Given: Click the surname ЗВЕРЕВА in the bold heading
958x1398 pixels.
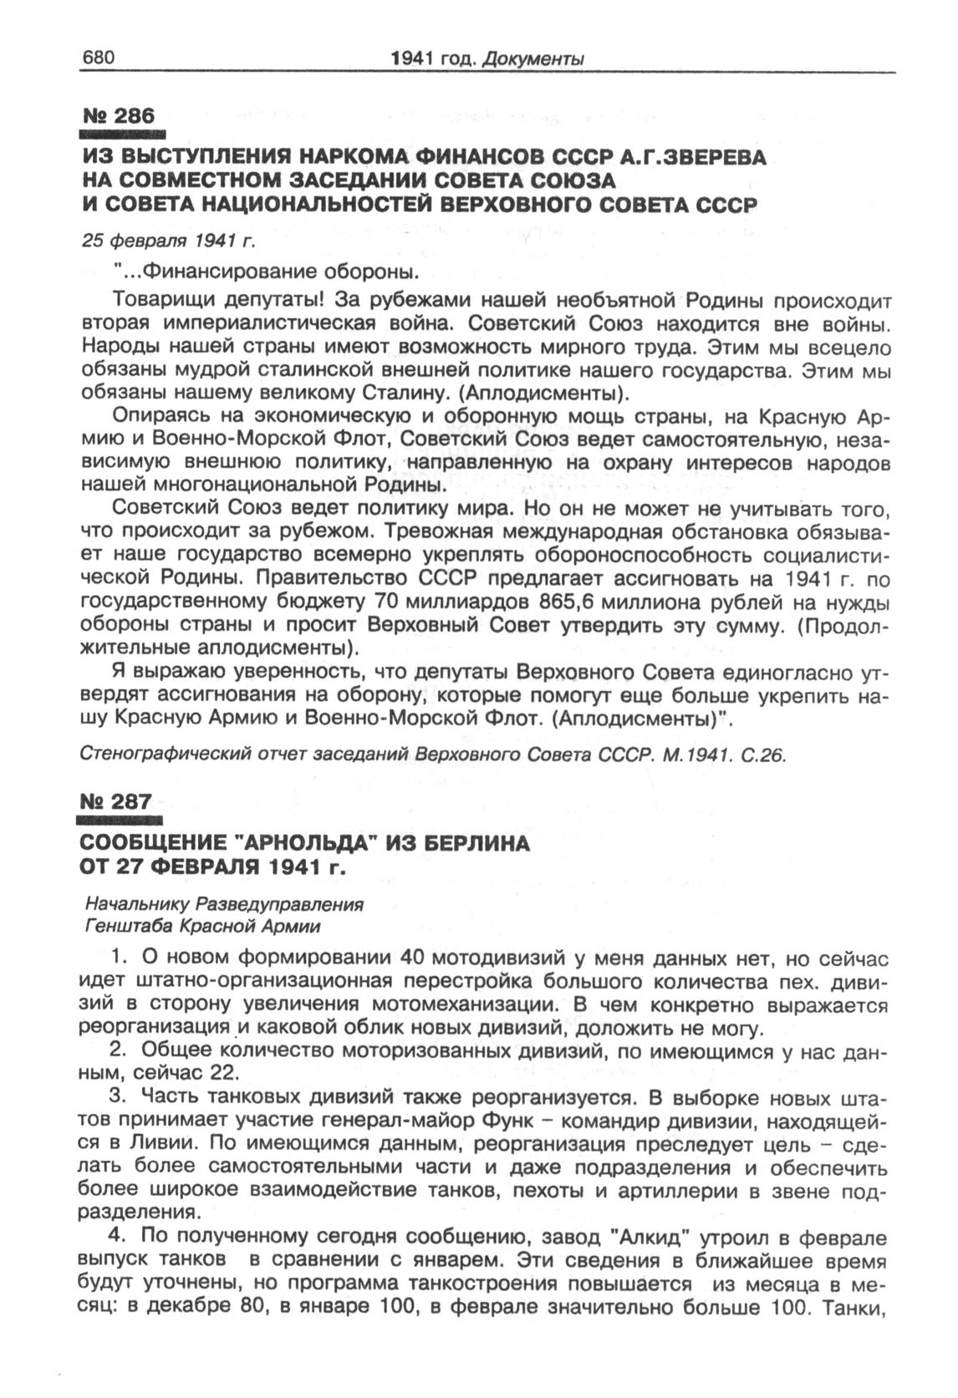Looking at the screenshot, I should tap(710, 158).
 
